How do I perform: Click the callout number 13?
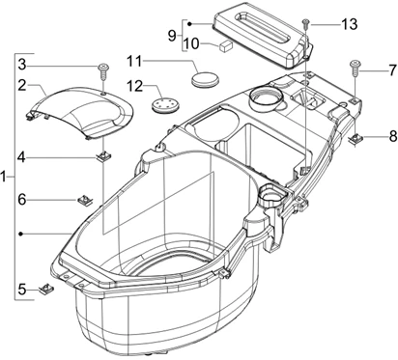[350, 24]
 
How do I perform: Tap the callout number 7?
[392, 70]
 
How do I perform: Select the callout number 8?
[393, 136]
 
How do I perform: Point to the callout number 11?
[134, 61]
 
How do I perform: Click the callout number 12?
[134, 86]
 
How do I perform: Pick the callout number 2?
[22, 85]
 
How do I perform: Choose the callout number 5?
[22, 290]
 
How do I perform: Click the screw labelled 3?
[103, 71]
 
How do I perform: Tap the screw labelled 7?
[355, 68]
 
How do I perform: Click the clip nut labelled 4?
[104, 156]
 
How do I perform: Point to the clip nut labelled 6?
[85, 201]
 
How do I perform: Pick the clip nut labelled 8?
[356, 139]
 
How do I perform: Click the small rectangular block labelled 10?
[224, 45]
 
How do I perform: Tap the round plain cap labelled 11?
[205, 78]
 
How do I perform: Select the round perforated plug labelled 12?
[165, 104]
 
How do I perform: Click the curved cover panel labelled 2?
[80, 113]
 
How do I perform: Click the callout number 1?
[4, 177]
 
